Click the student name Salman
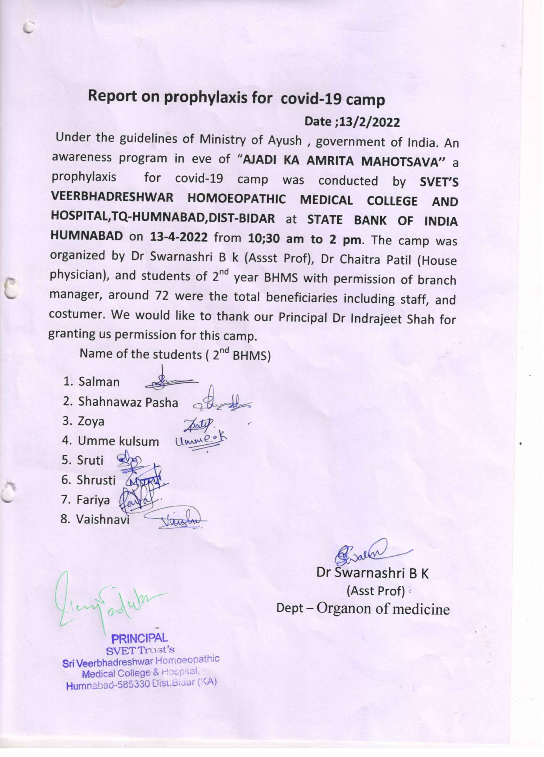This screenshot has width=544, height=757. tap(99, 382)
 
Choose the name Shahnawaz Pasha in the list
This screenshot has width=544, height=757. tap(128, 402)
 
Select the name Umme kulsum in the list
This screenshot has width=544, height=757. tap(119, 441)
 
